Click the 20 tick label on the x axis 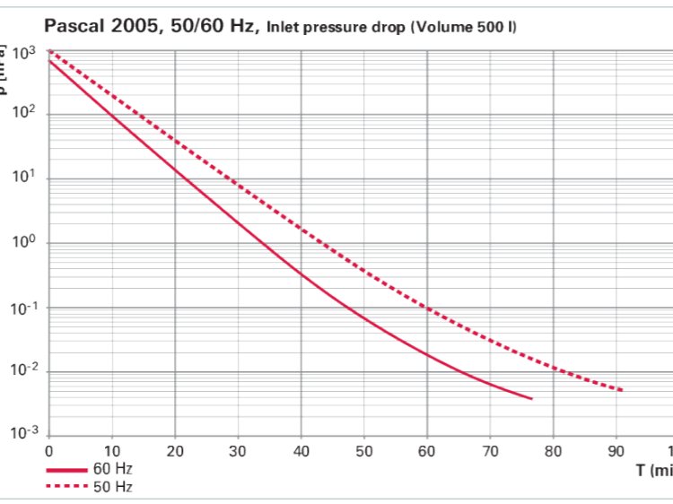175,451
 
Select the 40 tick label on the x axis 302,451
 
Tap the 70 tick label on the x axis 491,451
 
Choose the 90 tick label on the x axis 617,451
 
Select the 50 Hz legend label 112,487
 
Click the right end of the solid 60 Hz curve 532,398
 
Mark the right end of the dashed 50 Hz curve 621,390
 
